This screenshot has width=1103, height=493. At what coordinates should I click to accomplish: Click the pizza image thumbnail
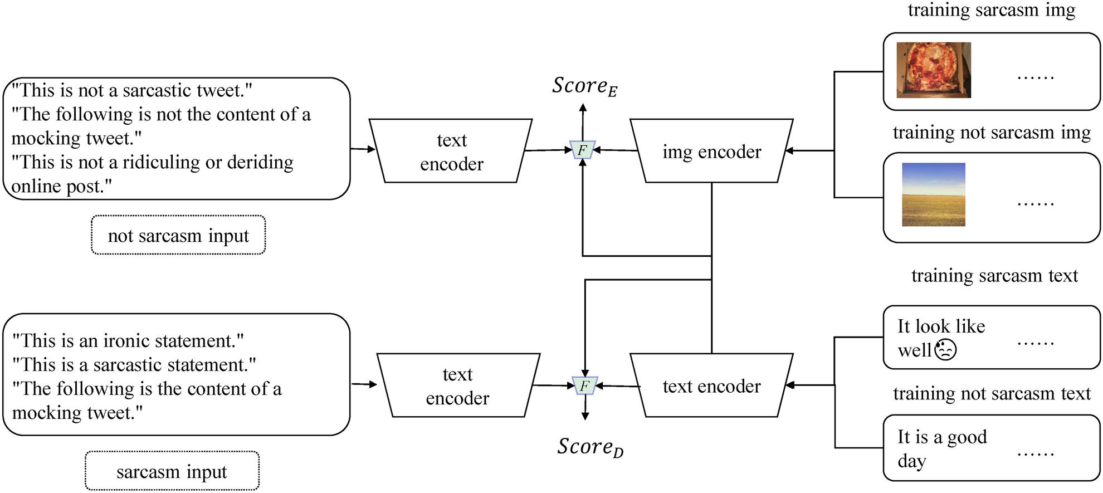coord(934,70)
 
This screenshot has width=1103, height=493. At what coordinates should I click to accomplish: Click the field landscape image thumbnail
coord(934,194)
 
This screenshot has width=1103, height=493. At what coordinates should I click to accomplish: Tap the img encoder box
coord(711,151)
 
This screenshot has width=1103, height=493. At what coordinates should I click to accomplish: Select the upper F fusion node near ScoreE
coord(583,150)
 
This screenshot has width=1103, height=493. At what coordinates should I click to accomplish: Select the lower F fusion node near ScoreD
coord(585,385)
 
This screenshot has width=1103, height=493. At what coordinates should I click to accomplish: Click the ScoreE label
coord(584,86)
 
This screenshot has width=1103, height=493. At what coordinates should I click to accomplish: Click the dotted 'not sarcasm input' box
coord(178,235)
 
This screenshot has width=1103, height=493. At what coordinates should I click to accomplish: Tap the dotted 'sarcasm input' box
coord(172,471)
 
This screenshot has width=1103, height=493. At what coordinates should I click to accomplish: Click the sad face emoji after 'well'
coord(945,350)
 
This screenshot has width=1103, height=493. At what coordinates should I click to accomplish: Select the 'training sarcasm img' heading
coord(992,10)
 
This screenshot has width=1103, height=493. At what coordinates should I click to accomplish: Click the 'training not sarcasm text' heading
coord(992,393)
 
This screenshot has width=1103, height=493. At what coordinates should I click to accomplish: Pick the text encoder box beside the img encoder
coord(451,151)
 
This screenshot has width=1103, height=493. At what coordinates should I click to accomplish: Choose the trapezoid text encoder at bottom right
coord(711,385)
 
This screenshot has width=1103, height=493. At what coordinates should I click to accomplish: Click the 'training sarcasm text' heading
coord(994,276)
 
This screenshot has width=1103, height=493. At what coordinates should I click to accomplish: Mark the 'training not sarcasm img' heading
coord(992,133)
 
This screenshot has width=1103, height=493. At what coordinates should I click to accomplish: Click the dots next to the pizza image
coord(1035,77)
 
